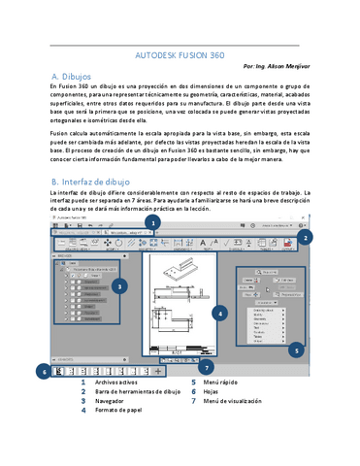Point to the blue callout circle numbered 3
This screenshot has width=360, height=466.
point(118,286)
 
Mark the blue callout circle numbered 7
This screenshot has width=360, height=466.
point(206,367)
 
